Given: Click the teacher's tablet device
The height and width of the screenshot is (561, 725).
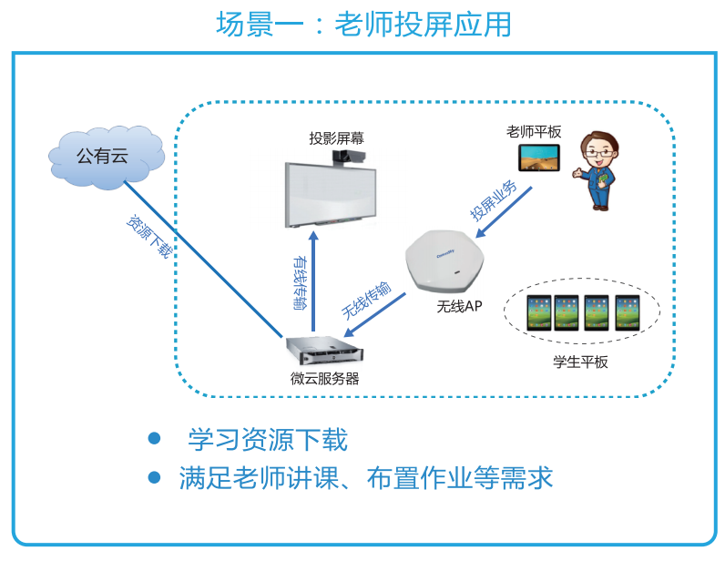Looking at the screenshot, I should coord(538,158).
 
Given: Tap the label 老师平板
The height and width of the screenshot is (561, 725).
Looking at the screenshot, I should coord(535,132).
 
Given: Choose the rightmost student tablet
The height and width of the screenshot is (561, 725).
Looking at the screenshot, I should coord(628,312).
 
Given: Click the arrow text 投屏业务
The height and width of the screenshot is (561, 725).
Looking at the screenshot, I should coord(493,199).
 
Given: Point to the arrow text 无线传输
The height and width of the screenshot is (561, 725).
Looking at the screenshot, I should coord(366,300).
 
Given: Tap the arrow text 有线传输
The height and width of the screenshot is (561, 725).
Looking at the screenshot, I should coord(300,280).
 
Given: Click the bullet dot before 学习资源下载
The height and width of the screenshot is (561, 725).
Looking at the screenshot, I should coord(154,439).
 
